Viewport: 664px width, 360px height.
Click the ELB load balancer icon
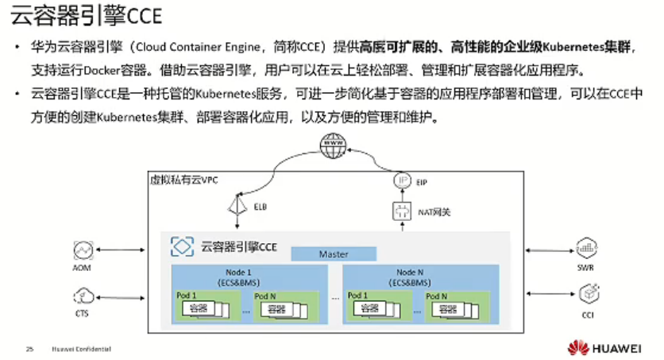click(x=236, y=206)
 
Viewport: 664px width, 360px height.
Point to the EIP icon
click(x=402, y=181)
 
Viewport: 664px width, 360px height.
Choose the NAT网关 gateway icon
click(x=401, y=211)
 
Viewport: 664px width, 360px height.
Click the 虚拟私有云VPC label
click(x=183, y=180)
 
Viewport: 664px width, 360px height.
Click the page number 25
click(x=30, y=349)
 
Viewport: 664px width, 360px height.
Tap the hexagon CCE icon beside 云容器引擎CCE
click(x=183, y=246)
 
